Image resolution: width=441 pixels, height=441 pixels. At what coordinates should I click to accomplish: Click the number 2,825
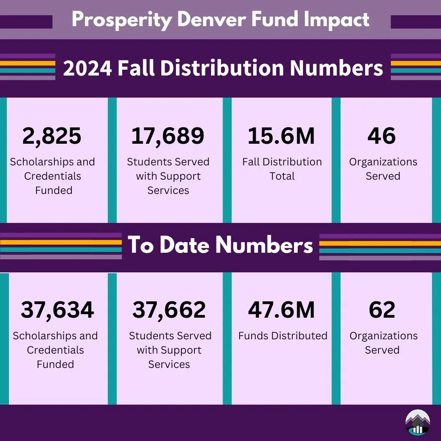52,136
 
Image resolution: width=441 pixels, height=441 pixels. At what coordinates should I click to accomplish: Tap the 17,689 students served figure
167,136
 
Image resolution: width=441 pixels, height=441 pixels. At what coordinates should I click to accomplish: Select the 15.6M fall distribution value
281,136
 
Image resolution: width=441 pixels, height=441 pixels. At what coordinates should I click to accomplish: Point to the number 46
381,136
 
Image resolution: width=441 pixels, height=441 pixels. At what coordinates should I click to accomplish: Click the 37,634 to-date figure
58,310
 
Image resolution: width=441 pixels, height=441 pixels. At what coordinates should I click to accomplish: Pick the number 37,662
169,310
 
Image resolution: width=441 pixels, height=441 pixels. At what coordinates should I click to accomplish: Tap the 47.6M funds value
281,310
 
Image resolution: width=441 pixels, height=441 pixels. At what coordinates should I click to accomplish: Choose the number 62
382,310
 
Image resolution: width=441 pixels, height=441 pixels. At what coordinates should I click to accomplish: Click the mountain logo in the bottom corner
417,422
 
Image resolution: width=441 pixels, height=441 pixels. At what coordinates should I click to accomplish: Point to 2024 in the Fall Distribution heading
87,68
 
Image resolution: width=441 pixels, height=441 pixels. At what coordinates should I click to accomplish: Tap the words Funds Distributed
283,336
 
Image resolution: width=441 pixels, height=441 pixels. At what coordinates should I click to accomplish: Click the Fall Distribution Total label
282,169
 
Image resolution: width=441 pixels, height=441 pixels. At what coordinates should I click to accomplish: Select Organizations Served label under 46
383,169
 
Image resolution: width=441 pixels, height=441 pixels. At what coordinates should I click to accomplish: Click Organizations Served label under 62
383,343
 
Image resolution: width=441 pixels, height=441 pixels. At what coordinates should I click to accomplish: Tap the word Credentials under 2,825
53,176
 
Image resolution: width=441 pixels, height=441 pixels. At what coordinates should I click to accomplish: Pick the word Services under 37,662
169,364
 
